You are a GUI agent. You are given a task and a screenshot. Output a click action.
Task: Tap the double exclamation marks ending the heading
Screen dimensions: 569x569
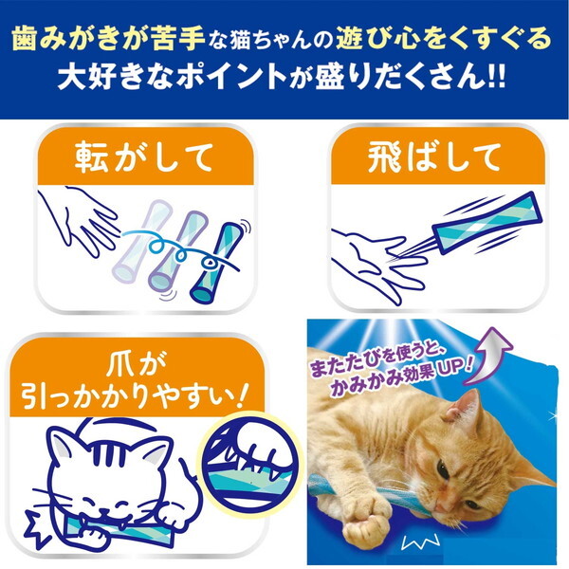click(496, 78)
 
